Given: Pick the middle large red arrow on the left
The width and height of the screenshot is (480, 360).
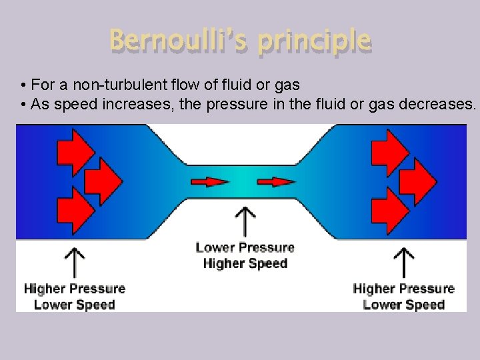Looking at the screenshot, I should tap(102, 179).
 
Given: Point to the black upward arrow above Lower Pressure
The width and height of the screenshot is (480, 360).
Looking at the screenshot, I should tap(246, 220).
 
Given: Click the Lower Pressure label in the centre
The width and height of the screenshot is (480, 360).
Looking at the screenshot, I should tap(245, 247).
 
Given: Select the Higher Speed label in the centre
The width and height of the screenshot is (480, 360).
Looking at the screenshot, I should tap(245, 263).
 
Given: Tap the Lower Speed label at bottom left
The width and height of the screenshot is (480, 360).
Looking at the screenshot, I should tap(74, 305).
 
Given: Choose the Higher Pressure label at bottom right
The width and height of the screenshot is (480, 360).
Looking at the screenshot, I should tap(403, 289).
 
